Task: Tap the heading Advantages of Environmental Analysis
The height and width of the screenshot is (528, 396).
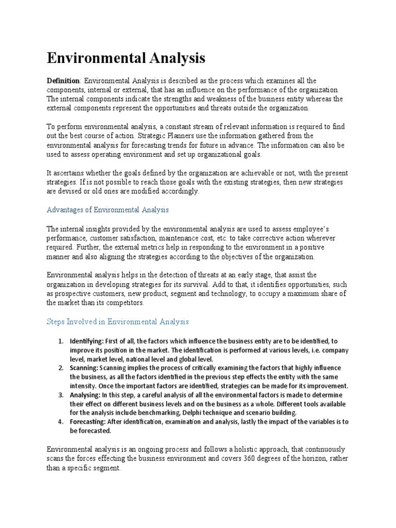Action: [x=108, y=210]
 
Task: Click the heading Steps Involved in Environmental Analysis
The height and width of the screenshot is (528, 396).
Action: [x=118, y=321]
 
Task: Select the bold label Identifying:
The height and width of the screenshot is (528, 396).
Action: [x=87, y=341]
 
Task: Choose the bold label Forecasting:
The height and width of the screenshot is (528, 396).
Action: [x=89, y=422]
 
